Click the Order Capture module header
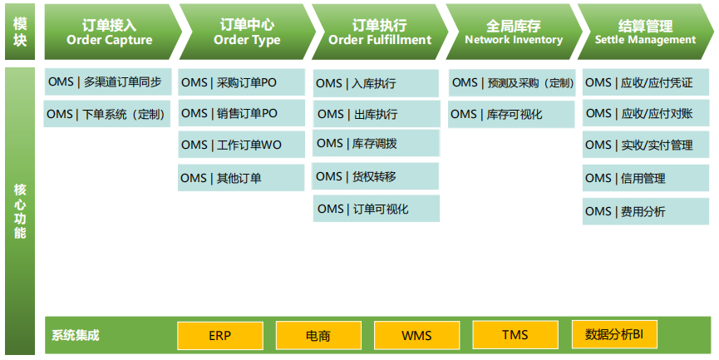pyautogui.click(x=109, y=32)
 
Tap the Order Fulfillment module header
pyautogui.click(x=379, y=32)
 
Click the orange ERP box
pyautogui.click(x=219, y=336)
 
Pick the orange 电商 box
pyautogui.click(x=318, y=336)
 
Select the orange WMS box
pyautogui.click(x=416, y=336)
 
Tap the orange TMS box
pyautogui.click(x=515, y=335)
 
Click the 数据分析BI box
pyautogui.click(x=614, y=335)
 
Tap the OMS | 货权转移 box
pyautogui.click(x=377, y=176)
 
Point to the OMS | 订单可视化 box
pyautogui.click(x=377, y=209)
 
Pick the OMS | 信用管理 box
pyautogui.click(x=646, y=178)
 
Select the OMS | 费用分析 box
pyautogui.click(x=646, y=212)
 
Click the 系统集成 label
pyautogui.click(x=76, y=336)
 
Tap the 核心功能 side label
pyautogui.click(x=20, y=211)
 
